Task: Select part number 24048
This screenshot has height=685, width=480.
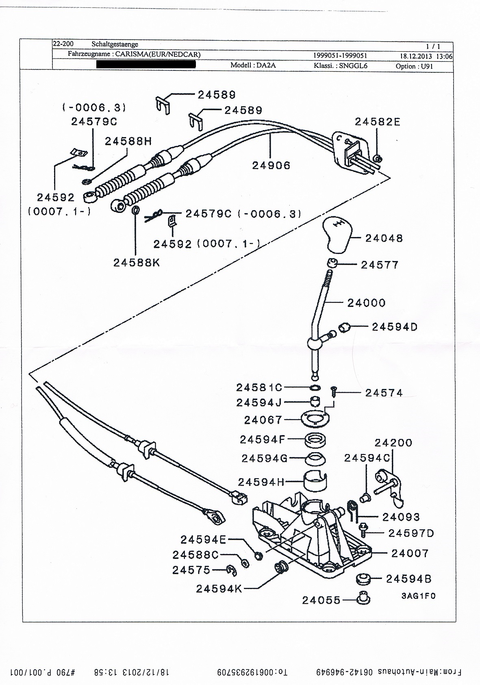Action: point(384,238)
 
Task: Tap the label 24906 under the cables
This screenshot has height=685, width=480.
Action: point(271,165)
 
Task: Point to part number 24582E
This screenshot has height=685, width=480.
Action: point(377,122)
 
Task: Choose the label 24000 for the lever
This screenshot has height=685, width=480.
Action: point(366,303)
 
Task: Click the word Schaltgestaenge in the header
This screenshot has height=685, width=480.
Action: point(115,44)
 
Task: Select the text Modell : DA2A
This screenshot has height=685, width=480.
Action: point(253,65)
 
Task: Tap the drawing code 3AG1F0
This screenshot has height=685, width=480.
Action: point(418,596)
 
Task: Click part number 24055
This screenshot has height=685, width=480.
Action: point(321,600)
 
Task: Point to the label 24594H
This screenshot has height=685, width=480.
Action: point(261,482)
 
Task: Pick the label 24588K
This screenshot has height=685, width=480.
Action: point(137,263)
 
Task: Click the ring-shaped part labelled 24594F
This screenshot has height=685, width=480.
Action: point(315,440)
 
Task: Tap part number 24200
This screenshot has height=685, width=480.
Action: point(393,443)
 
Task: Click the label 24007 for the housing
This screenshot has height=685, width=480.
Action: point(410,553)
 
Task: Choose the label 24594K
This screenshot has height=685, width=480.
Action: point(219,589)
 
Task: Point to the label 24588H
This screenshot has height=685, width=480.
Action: point(128,141)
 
